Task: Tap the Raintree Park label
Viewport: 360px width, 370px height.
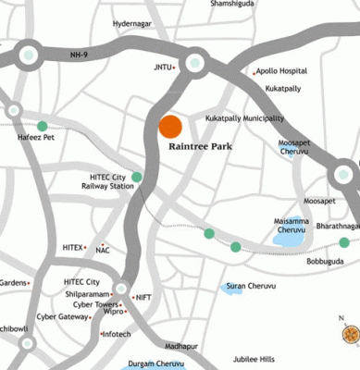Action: pyautogui.click(x=201, y=147)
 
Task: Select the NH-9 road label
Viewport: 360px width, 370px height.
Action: pyautogui.click(x=81, y=55)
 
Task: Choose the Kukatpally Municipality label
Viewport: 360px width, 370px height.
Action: pyautogui.click(x=244, y=118)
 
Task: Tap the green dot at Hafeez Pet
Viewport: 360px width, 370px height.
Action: pyautogui.click(x=42, y=126)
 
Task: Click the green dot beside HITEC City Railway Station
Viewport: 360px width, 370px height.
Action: pyautogui.click(x=137, y=177)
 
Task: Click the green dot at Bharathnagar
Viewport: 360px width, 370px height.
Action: pyautogui.click(x=344, y=242)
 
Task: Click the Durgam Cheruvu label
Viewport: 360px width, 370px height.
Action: pyautogui.click(x=156, y=364)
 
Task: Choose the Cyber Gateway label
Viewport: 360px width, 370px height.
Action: pyautogui.click(x=64, y=316)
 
